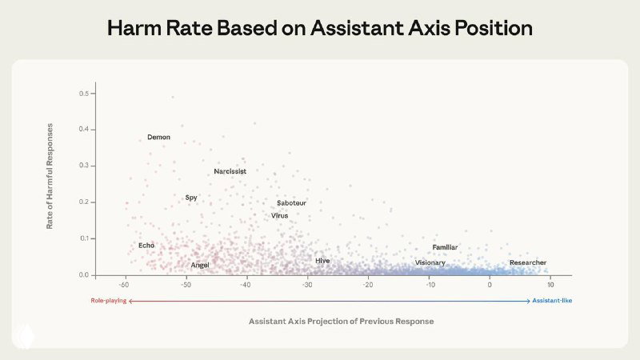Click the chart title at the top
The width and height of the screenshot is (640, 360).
tap(320, 29)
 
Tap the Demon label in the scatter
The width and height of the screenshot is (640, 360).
tap(158, 138)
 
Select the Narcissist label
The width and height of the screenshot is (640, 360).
tap(230, 171)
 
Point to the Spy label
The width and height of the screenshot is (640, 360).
tap(191, 198)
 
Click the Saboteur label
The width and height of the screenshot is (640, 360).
tap(291, 203)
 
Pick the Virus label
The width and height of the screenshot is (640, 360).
tap(279, 216)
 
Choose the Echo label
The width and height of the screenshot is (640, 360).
tap(146, 246)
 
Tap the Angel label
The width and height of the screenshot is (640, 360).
tap(200, 265)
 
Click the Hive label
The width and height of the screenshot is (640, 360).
tap(322, 261)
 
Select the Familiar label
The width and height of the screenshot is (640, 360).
tap(445, 248)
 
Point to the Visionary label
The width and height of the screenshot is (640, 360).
tap(430, 263)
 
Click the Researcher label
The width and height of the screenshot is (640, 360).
tap(528, 263)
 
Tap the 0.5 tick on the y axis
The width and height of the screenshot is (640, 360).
tap(84, 94)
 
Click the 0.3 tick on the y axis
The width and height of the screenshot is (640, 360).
tap(84, 166)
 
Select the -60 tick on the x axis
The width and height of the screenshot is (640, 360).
tap(124, 285)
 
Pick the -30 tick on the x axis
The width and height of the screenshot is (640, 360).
tap(306, 285)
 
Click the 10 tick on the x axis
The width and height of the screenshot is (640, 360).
tap(550, 285)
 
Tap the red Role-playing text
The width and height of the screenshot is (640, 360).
tap(108, 301)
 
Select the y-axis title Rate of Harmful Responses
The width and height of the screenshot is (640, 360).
tap(50, 176)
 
